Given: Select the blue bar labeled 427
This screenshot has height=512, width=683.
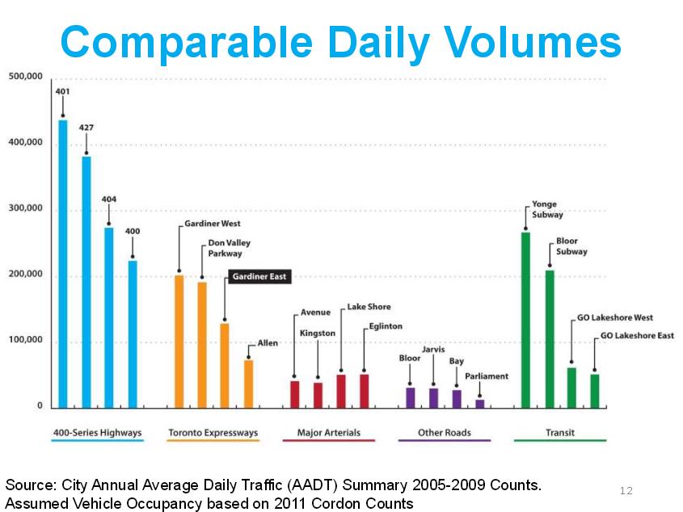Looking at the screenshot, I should tap(86, 282).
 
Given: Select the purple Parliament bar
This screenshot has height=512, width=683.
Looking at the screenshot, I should tap(480, 403).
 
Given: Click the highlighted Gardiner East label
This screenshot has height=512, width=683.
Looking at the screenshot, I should tap(259, 276).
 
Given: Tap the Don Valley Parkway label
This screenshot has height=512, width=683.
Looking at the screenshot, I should tap(230, 248).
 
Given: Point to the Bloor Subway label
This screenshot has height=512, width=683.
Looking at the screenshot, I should tap(571, 246).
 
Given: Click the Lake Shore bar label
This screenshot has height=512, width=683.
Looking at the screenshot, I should tap(369, 307).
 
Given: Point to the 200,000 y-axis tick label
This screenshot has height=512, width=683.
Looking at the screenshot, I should tap(26, 275).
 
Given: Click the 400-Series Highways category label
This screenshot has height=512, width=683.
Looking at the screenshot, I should tap(97, 433).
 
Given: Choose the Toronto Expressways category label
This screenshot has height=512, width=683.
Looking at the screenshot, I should tap(213, 433).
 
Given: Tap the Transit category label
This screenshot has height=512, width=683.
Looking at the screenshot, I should tap(559, 433).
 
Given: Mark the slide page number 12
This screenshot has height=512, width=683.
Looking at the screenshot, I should tap(626, 491).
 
